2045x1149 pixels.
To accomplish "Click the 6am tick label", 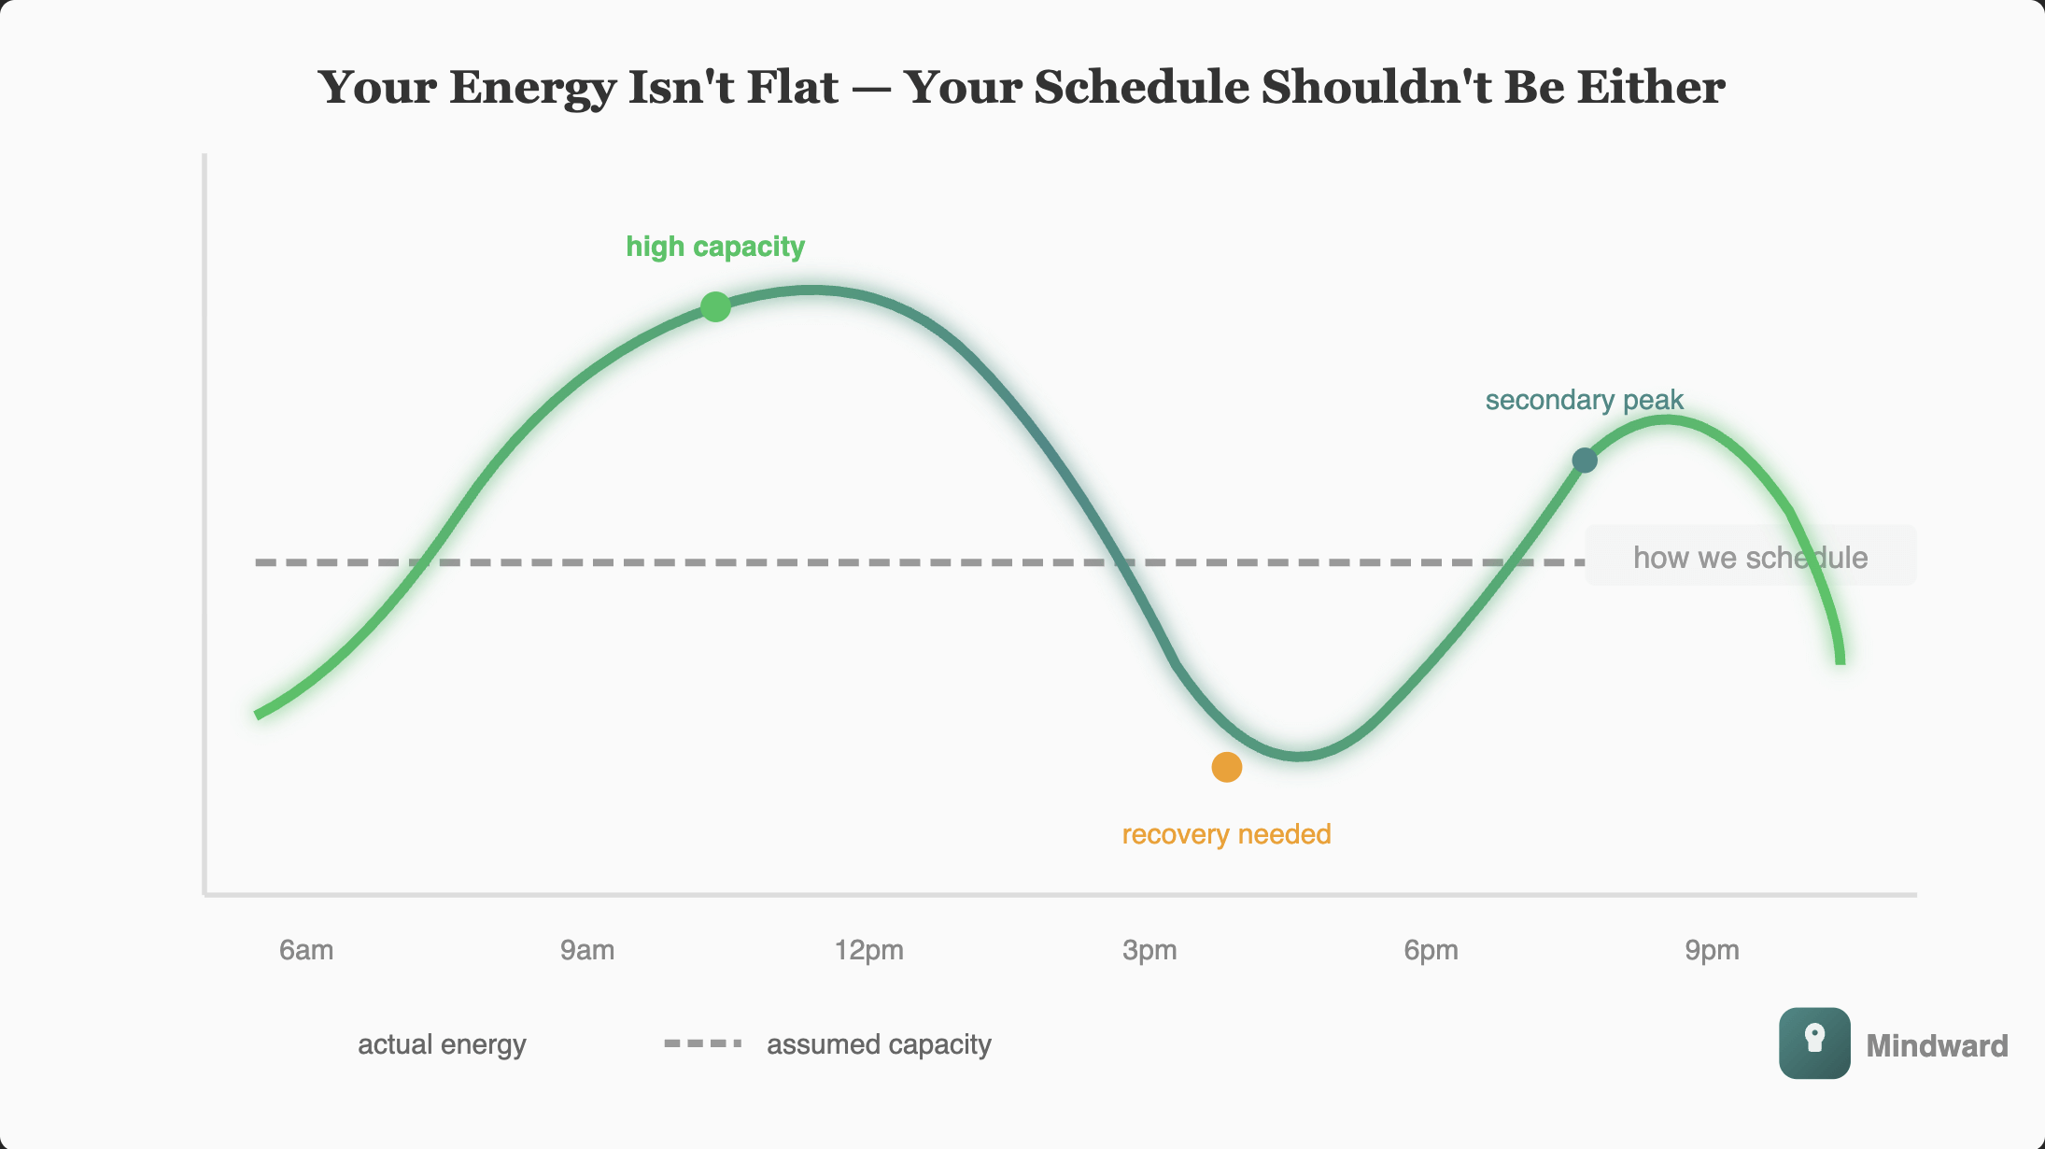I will click(306, 950).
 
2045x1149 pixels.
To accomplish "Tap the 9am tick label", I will click(587, 950).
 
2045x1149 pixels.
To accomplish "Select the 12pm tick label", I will click(868, 950).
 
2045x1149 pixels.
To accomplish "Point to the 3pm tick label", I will click(1149, 950).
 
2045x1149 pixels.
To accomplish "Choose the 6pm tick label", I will click(1431, 950).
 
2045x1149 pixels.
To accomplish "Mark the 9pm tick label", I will click(1712, 950).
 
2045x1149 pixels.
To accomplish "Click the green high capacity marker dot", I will click(715, 306).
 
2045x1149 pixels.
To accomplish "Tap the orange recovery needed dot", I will click(1226, 767).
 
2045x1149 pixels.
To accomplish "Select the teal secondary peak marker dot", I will click(1585, 460).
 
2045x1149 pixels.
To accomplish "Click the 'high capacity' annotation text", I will click(715, 247).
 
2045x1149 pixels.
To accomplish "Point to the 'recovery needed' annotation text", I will click(1226, 833).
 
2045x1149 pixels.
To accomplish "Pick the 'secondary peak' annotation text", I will click(1584, 400).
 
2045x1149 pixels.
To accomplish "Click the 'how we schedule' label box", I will click(1750, 557).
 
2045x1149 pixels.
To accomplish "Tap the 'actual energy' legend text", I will click(442, 1043).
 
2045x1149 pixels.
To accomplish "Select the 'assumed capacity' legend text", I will click(879, 1043).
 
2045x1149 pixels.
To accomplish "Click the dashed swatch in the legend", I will click(703, 1043).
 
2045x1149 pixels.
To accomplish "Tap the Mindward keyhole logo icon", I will click(1814, 1043).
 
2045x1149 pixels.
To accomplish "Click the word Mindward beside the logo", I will click(1937, 1045).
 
